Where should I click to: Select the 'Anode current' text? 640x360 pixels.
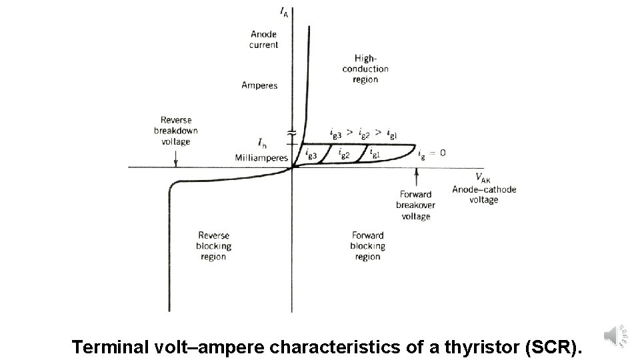coord(264,40)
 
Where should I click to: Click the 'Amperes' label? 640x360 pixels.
coord(259,85)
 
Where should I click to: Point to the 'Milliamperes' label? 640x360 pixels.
coord(261,158)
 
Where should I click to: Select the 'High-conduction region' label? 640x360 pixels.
coord(365,69)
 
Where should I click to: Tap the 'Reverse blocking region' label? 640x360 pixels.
coord(213,246)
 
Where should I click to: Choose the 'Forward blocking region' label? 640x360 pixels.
coord(367,246)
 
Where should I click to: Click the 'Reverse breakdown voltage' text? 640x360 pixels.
coord(176,131)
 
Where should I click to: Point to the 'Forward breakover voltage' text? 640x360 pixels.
coord(415,205)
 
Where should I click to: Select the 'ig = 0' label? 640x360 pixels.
coord(432,153)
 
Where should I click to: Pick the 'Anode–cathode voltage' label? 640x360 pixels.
coord(484,195)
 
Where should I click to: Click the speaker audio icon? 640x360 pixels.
coord(615,335)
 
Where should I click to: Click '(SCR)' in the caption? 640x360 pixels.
coord(553,347)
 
